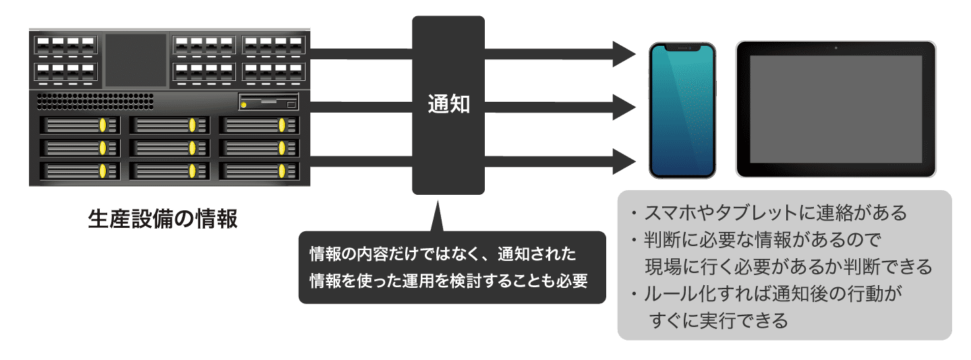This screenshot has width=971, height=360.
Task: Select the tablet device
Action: (x=835, y=109)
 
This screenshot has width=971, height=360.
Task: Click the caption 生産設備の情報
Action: (x=163, y=219)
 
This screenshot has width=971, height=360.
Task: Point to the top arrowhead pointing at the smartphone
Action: (x=624, y=53)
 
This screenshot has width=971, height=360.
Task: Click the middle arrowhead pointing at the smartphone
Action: (x=624, y=107)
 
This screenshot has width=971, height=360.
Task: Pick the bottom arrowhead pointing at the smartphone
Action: (x=624, y=161)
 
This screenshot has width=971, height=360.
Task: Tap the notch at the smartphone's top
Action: (x=682, y=48)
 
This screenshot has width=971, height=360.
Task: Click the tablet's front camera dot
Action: (x=835, y=48)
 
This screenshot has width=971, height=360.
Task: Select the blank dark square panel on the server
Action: (x=136, y=60)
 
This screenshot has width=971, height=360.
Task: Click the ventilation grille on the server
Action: (x=94, y=102)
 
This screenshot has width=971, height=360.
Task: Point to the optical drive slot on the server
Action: (x=268, y=103)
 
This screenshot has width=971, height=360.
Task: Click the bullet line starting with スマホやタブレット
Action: (x=769, y=213)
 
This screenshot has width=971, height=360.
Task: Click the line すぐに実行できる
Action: (x=719, y=320)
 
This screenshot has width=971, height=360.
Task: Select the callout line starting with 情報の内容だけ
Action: (x=442, y=254)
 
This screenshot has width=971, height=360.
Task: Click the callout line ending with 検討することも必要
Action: (x=448, y=280)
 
